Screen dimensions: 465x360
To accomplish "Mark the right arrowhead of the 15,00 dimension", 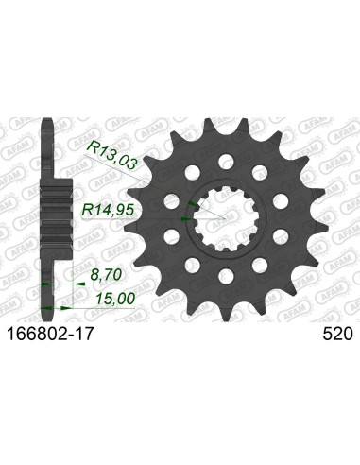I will coord(71,305).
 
